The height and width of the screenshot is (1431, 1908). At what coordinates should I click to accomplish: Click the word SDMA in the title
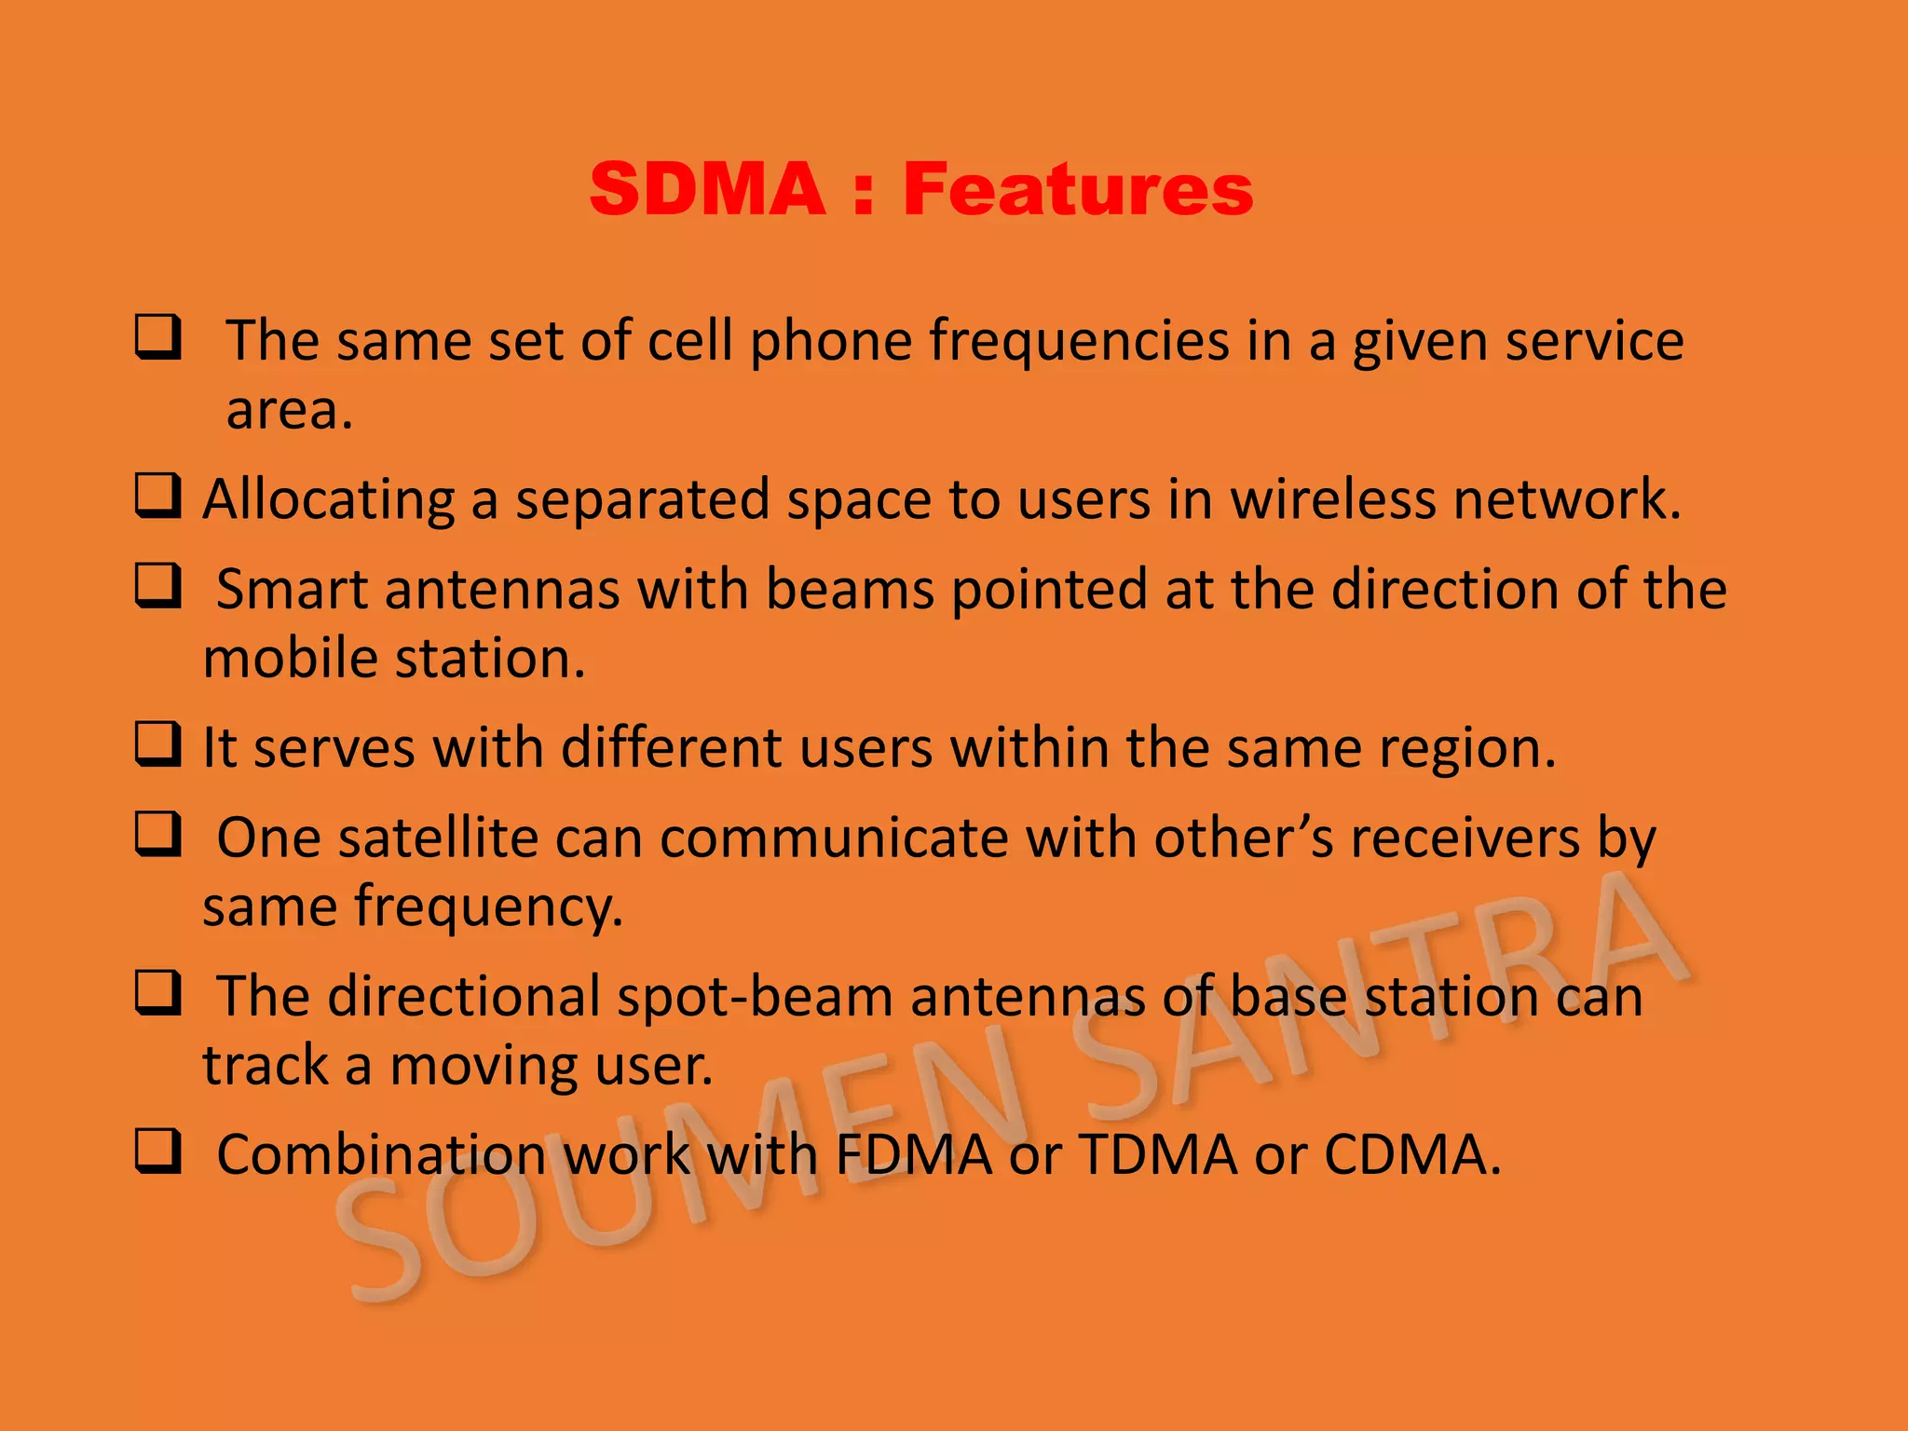point(707,189)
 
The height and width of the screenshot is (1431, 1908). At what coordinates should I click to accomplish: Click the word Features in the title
point(1078,189)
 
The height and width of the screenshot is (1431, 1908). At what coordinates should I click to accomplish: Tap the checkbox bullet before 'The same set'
point(157,337)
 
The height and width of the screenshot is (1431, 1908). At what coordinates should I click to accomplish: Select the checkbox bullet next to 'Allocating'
point(157,496)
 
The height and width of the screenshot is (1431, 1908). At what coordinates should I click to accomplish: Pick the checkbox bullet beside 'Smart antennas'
point(157,586)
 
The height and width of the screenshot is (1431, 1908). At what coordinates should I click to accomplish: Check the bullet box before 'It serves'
point(157,744)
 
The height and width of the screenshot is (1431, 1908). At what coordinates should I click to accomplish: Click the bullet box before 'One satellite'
point(157,834)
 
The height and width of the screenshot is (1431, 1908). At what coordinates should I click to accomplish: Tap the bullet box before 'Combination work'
point(157,1151)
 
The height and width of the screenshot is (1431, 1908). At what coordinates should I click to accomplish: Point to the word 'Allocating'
point(328,500)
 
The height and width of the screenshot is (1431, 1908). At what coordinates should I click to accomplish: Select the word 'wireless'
point(1333,498)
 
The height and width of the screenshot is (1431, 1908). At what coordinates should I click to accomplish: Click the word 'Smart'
point(292,590)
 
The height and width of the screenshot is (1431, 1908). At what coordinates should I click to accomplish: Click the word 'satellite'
point(438,838)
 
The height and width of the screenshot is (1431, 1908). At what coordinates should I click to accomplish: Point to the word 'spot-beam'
point(755,996)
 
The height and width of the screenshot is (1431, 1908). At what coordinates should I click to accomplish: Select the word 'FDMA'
point(914,1155)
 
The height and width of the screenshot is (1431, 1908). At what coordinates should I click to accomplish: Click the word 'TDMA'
point(1159,1155)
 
